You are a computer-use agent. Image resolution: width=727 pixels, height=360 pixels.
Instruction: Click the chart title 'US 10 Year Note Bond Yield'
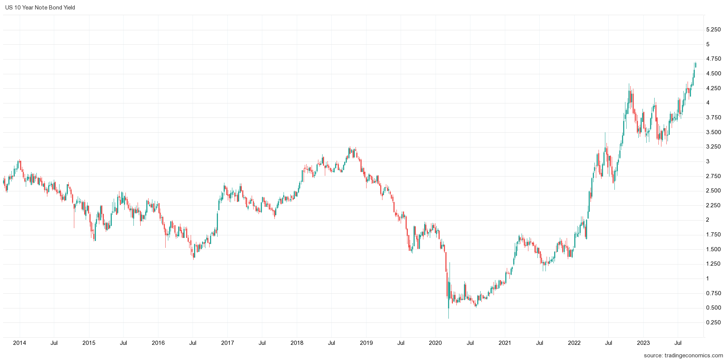click(x=40, y=8)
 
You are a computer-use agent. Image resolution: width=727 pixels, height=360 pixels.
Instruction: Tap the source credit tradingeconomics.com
click(x=683, y=355)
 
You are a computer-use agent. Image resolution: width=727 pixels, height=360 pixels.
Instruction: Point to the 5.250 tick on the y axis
click(x=713, y=30)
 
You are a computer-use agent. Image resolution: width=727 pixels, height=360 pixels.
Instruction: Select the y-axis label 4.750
click(x=713, y=59)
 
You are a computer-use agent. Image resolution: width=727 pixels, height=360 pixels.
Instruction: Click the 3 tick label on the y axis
click(x=708, y=161)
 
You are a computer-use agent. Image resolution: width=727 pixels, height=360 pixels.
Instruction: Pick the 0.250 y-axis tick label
click(x=713, y=322)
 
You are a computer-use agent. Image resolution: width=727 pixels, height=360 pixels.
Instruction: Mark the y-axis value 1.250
click(x=713, y=264)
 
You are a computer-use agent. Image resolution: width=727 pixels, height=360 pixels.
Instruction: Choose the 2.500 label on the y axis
click(x=713, y=191)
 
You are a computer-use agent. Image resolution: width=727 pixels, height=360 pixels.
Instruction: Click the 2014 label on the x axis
click(x=19, y=343)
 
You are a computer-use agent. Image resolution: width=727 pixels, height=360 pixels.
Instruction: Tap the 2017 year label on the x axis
click(x=227, y=343)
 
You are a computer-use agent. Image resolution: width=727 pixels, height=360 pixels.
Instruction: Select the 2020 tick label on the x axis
click(x=435, y=343)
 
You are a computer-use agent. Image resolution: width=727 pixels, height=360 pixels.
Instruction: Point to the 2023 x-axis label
click(x=643, y=343)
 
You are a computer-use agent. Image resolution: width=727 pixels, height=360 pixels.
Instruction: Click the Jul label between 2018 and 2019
click(x=331, y=343)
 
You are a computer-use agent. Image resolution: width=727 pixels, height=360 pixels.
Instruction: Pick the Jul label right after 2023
click(x=678, y=343)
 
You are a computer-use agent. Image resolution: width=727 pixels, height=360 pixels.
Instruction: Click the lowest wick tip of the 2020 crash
click(x=448, y=318)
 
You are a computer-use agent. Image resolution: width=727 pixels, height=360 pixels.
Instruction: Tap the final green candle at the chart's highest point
click(x=696, y=65)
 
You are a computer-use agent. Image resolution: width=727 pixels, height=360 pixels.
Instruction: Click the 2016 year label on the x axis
click(x=158, y=343)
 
